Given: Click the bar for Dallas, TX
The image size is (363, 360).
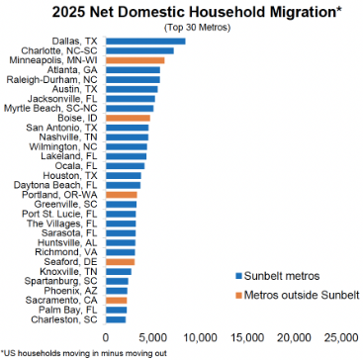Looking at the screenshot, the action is pyautogui.click(x=145, y=42).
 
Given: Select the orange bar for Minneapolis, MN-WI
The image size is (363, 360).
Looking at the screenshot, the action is pyautogui.click(x=136, y=60).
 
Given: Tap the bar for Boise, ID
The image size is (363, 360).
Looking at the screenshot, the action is pyautogui.click(x=128, y=118).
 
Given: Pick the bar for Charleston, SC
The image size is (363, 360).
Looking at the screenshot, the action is pyautogui.click(x=116, y=319).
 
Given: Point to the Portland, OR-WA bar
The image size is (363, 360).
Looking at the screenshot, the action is pyautogui.click(x=122, y=195).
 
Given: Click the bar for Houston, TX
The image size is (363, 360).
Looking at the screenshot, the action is pyautogui.click(x=124, y=175).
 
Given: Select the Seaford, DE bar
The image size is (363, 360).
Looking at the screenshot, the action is pyautogui.click(x=121, y=262).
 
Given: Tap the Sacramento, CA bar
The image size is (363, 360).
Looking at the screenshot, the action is pyautogui.click(x=117, y=301).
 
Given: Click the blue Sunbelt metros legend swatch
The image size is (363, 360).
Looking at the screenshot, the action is pyautogui.click(x=238, y=276).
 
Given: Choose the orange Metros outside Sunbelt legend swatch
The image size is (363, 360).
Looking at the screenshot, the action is pyautogui.click(x=238, y=295).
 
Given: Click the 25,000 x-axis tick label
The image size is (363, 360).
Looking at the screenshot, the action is pyautogui.click(x=341, y=337).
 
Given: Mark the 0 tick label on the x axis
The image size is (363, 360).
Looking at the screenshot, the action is pyautogui.click(x=106, y=337).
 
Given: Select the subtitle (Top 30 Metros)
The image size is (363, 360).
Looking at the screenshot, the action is pyautogui.click(x=197, y=28).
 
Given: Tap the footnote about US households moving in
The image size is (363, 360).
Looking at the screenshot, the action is pyautogui.click(x=84, y=353).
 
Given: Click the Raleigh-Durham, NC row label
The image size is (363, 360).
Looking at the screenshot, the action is pyautogui.click(x=55, y=80).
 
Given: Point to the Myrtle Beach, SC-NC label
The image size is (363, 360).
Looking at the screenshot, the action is pyautogui.click(x=50, y=109).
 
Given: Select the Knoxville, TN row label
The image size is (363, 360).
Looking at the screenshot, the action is pyautogui.click(x=69, y=272).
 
